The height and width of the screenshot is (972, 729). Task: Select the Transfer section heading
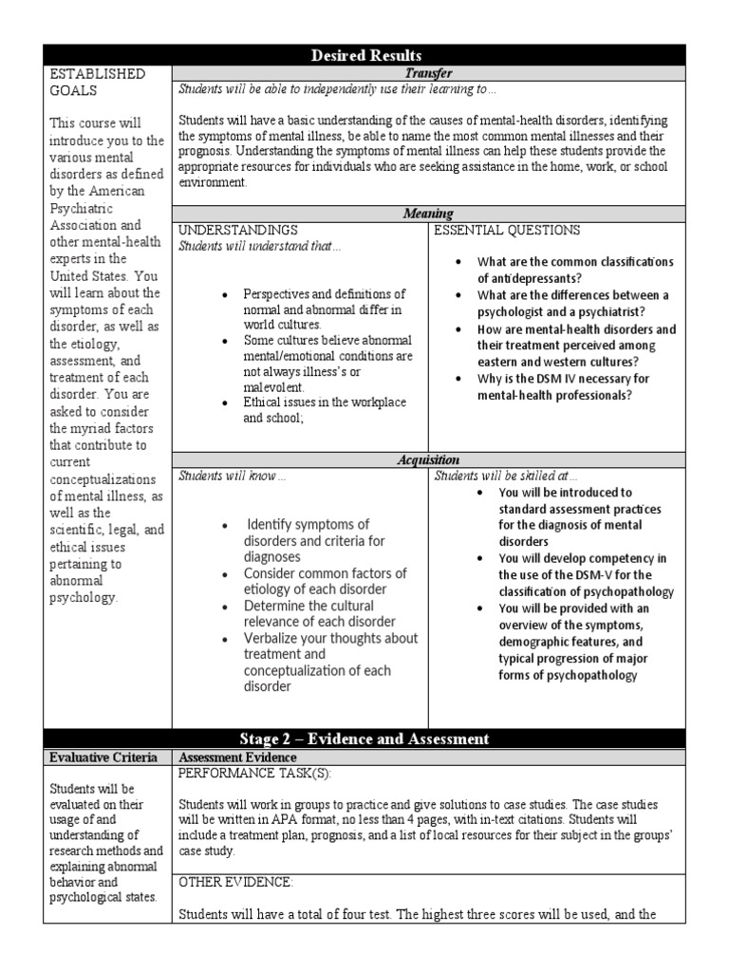(x=429, y=72)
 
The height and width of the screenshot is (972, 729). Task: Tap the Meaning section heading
(x=429, y=215)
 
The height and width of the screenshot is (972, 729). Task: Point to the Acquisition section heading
(x=429, y=460)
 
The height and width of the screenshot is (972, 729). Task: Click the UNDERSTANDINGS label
(x=238, y=231)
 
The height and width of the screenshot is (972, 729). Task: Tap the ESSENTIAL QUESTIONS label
(x=507, y=231)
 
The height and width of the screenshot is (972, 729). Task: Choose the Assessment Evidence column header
(x=237, y=757)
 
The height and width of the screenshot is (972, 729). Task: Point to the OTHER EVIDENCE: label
(x=236, y=882)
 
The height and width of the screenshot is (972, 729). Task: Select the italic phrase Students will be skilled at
(x=505, y=477)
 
